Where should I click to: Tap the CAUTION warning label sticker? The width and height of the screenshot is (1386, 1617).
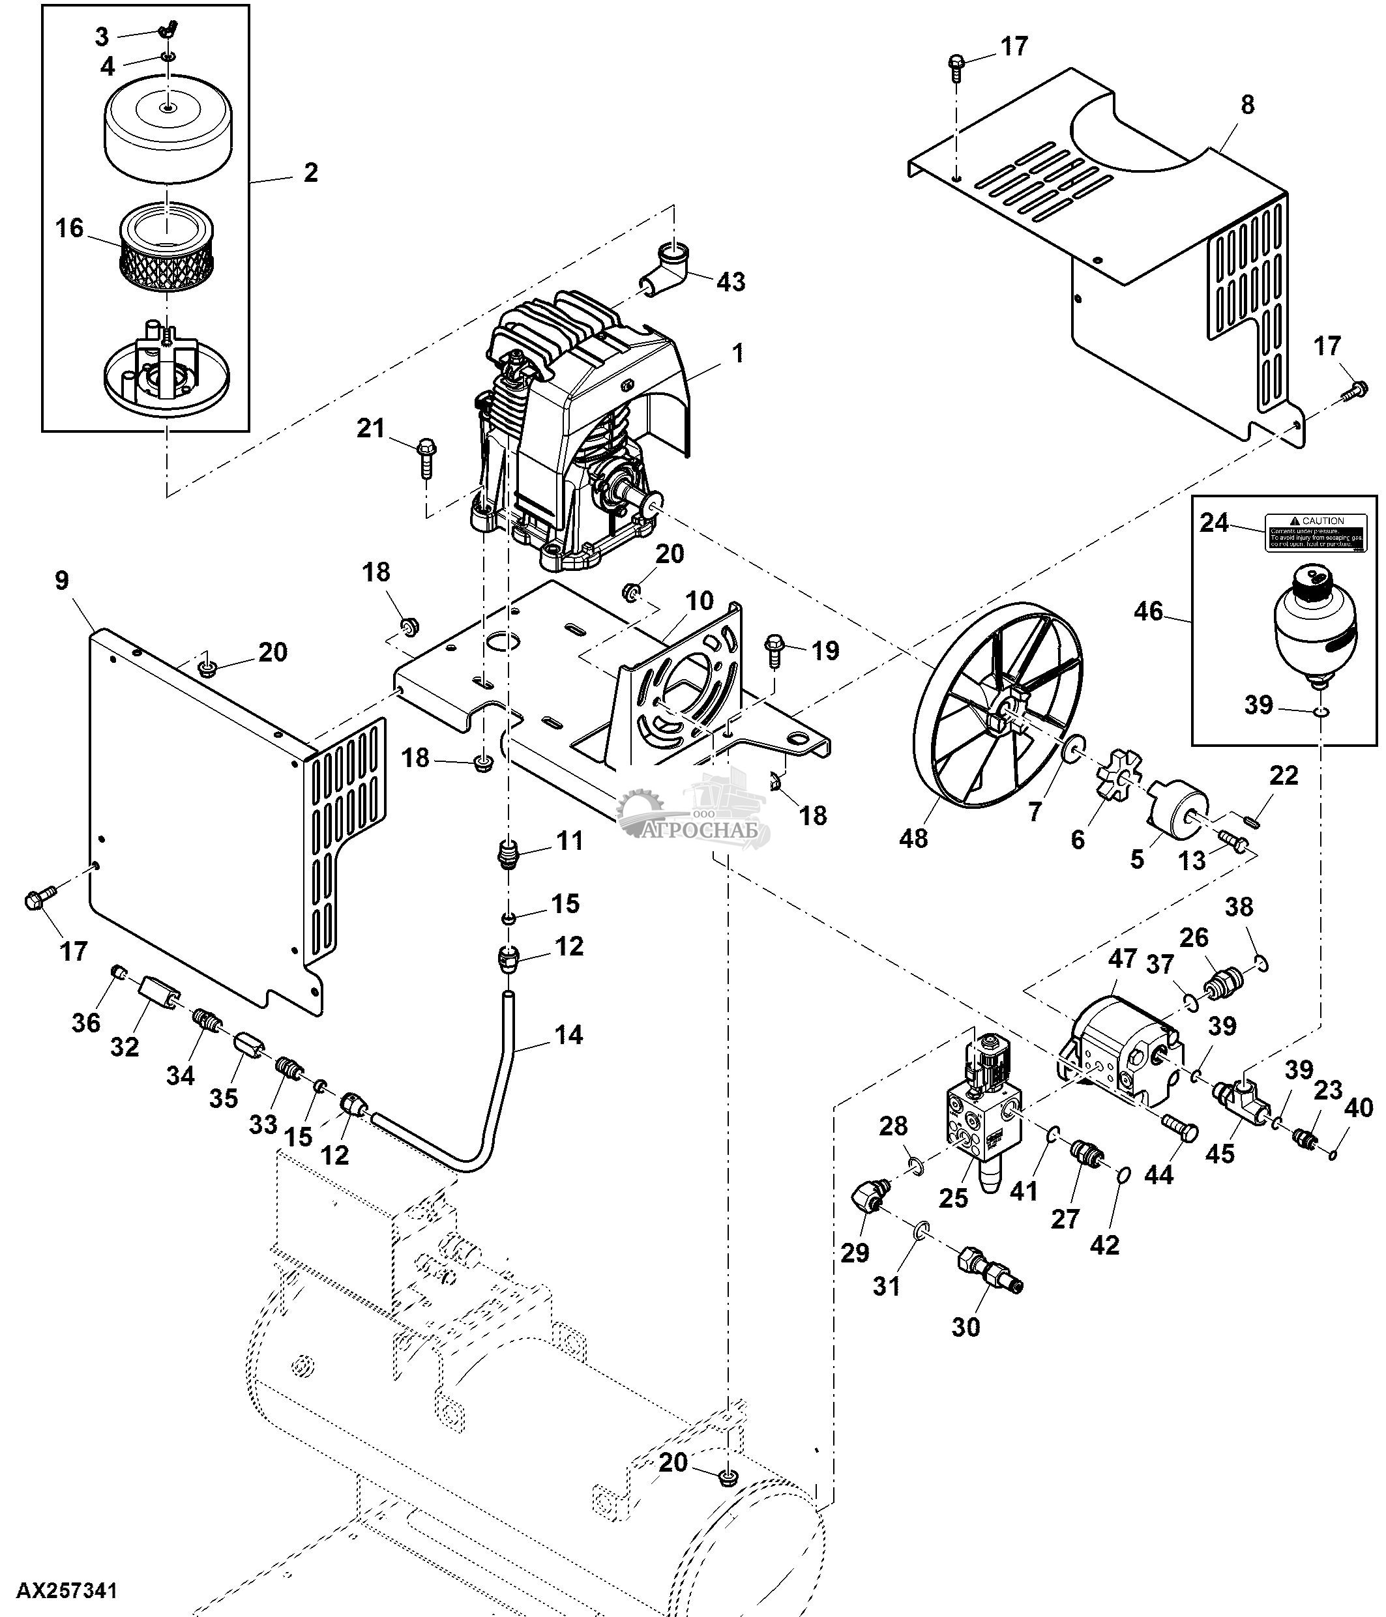[1315, 533]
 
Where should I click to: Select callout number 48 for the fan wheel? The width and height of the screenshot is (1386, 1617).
[913, 838]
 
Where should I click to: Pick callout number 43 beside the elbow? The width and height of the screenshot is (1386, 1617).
[730, 281]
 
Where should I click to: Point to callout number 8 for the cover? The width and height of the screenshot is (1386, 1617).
[1247, 104]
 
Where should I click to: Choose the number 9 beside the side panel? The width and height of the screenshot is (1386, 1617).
[63, 580]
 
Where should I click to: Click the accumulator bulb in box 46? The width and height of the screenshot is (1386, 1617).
[1315, 624]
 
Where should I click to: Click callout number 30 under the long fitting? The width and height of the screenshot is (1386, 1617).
[966, 1327]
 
